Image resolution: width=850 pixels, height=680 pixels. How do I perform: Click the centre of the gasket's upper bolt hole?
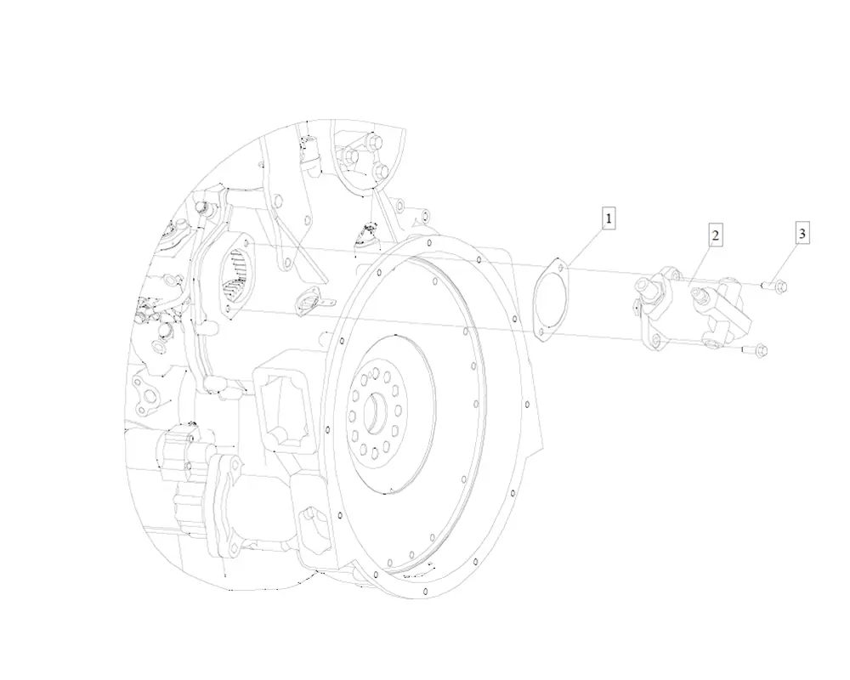[x=559, y=267]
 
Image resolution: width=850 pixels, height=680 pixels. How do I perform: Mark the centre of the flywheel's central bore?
[x=375, y=413]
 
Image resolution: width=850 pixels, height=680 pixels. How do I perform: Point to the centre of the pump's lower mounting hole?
[x=656, y=339]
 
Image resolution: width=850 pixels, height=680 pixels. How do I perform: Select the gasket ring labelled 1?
[x=550, y=300]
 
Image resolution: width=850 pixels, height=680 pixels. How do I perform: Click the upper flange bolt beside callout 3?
[x=775, y=286]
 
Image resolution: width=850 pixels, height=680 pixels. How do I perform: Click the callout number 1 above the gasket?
[x=609, y=218]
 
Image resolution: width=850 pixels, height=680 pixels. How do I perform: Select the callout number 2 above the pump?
[x=716, y=235]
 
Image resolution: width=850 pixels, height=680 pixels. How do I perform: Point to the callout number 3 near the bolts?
[x=802, y=234]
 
